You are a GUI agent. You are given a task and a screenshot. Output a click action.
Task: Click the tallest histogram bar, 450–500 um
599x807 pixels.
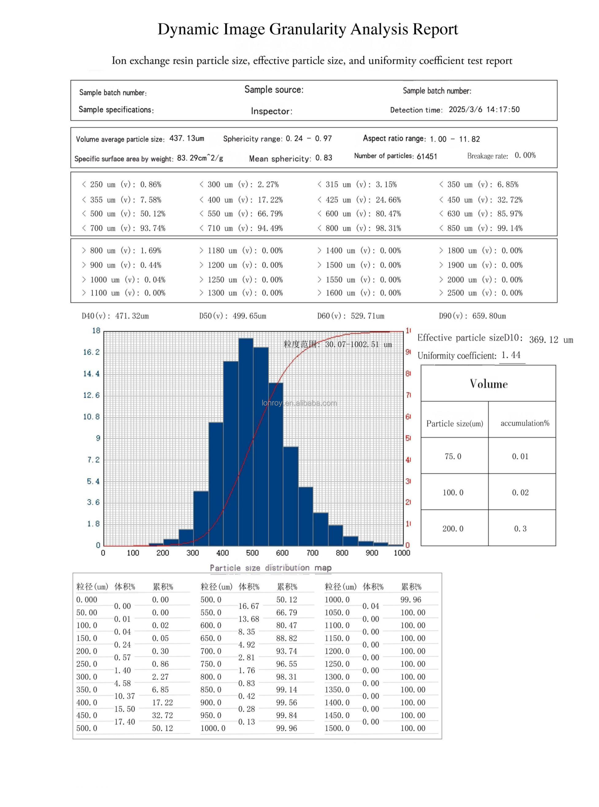246,442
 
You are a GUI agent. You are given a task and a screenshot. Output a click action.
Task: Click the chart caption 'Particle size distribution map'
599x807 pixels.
270,568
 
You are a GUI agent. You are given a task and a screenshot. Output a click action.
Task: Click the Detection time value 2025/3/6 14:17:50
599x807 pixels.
484,110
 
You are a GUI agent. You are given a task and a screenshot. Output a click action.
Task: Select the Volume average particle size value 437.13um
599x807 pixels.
187,138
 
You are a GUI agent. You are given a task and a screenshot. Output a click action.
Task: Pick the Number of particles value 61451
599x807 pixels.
427,156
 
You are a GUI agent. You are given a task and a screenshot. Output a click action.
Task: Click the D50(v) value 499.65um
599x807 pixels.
249,316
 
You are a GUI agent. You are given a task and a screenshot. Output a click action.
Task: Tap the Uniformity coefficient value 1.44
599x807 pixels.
511,355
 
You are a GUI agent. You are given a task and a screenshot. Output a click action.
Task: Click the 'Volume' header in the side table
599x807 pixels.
489,384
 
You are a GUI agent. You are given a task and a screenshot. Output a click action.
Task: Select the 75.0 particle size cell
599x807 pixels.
453,456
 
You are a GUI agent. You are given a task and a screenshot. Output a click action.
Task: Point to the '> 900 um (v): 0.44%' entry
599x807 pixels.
122,265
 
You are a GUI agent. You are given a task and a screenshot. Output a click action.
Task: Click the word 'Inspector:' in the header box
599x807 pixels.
272,111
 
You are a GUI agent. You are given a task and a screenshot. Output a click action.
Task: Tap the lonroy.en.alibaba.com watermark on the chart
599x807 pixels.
299,403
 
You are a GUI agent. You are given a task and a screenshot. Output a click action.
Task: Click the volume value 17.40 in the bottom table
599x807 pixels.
124,721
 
